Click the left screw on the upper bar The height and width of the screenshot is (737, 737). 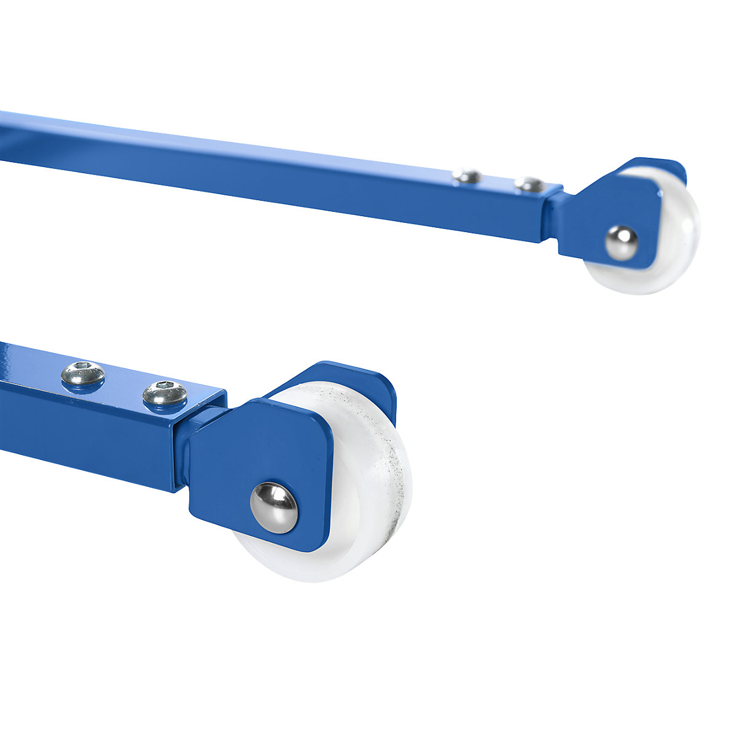(467, 176)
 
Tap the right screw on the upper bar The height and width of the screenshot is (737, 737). (529, 184)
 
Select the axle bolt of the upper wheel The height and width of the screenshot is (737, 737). (621, 243)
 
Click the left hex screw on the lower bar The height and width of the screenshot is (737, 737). (83, 375)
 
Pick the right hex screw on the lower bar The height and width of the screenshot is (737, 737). (165, 393)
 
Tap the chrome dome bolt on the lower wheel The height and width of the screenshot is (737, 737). (274, 507)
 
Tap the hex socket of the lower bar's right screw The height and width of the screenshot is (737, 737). (165, 388)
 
